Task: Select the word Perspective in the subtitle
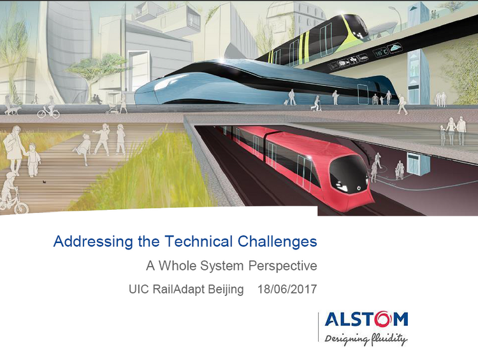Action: pyautogui.click(x=282, y=266)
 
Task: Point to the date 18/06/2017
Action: pyautogui.click(x=287, y=290)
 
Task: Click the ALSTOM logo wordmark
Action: pyautogui.click(x=366, y=319)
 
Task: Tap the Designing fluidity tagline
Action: pyautogui.click(x=366, y=339)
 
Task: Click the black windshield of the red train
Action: pyautogui.click(x=349, y=173)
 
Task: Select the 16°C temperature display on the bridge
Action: pyautogui.click(x=380, y=53)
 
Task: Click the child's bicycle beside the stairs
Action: pyautogui.click(x=14, y=205)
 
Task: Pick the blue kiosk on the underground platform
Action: pyautogui.click(x=417, y=164)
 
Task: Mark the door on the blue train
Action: pyautogui.click(x=363, y=94)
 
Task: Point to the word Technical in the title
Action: pyautogui.click(x=199, y=241)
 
